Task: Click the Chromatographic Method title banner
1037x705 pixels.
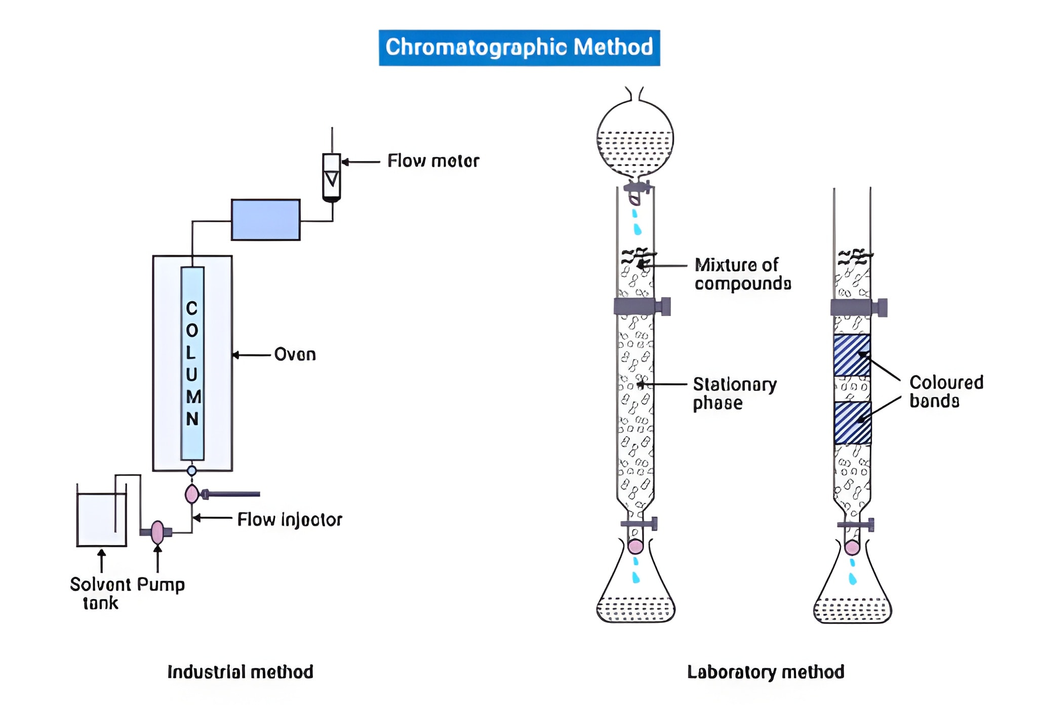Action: coord(519,48)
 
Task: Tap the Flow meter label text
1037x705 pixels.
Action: coord(433,161)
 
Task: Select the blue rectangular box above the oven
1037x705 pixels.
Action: coord(265,219)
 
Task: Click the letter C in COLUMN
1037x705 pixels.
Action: coord(192,308)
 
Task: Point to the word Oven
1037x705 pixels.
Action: coord(295,355)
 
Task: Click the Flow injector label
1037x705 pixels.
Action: coord(290,520)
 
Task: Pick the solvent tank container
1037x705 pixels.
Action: coord(101,519)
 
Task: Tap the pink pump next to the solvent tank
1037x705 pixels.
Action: coord(157,532)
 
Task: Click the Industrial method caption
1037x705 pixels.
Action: coord(240,672)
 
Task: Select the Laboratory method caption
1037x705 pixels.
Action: coord(765,672)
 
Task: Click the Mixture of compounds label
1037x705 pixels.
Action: coord(742,274)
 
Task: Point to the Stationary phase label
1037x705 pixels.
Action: coord(734,394)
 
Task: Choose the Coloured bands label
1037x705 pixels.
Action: coord(946,391)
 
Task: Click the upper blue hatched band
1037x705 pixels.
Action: coord(852,355)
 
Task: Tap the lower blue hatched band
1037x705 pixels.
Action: coord(852,423)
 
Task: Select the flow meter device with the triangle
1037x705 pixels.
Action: coord(332,177)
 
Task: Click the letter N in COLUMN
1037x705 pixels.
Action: coord(192,419)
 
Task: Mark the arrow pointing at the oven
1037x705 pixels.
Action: coord(251,355)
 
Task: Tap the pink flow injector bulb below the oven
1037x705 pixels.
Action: coord(191,494)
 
